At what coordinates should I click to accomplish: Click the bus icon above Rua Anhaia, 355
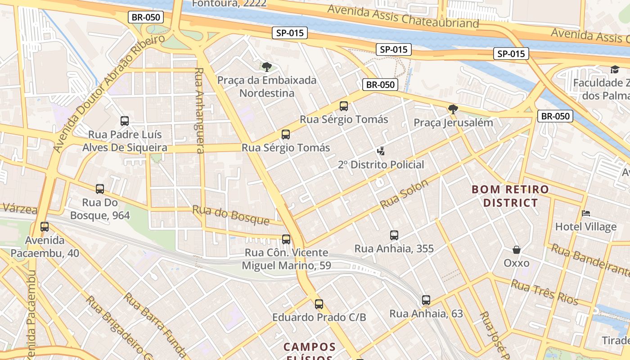394,235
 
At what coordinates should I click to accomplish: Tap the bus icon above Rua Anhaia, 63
426,300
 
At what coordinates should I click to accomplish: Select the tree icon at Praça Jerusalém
453,109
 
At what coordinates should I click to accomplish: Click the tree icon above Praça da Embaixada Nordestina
267,67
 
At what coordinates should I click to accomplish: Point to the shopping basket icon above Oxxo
517,249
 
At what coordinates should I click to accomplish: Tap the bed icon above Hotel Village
586,213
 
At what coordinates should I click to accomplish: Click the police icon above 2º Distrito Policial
381,151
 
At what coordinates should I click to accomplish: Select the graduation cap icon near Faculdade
615,69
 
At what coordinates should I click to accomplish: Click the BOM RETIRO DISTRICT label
510,196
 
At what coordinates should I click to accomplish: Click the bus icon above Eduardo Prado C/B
319,304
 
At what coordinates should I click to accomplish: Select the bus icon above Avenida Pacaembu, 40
45,227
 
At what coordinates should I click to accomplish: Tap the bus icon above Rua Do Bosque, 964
100,189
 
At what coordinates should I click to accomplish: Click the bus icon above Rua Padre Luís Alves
125,121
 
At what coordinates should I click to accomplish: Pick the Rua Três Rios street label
544,292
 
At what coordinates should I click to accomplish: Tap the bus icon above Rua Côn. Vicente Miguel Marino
286,239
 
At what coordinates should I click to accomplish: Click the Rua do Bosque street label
231,215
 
